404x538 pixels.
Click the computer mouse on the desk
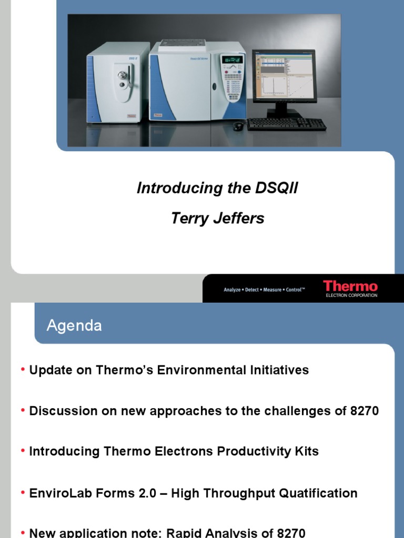click(238, 126)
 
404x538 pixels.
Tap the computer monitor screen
click(283, 76)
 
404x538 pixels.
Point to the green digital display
click(231, 59)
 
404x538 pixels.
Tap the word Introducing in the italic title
click(174, 188)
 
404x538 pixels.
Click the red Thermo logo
click(350, 286)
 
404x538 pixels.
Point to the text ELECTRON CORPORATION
click(351, 295)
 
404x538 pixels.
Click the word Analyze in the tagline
click(232, 289)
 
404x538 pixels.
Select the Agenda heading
click(74, 326)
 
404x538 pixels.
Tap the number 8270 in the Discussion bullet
click(364, 411)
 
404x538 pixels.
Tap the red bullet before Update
click(23, 370)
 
